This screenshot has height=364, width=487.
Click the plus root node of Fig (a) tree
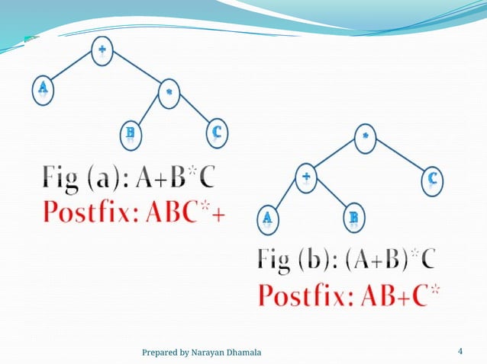(x=102, y=51)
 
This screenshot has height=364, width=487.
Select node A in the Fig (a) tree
(x=43, y=88)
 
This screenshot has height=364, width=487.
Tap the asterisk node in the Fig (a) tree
(x=168, y=91)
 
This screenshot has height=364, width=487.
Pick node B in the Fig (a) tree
(x=131, y=134)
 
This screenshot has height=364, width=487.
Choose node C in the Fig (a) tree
(x=217, y=133)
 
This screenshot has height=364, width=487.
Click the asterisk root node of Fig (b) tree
(x=365, y=137)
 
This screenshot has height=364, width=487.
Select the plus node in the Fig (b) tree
(x=306, y=177)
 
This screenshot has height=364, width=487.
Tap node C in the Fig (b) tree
(x=432, y=179)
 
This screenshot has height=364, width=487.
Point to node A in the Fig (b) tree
(x=268, y=219)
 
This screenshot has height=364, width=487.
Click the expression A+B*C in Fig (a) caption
(x=175, y=180)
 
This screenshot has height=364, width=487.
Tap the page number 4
(x=460, y=351)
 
